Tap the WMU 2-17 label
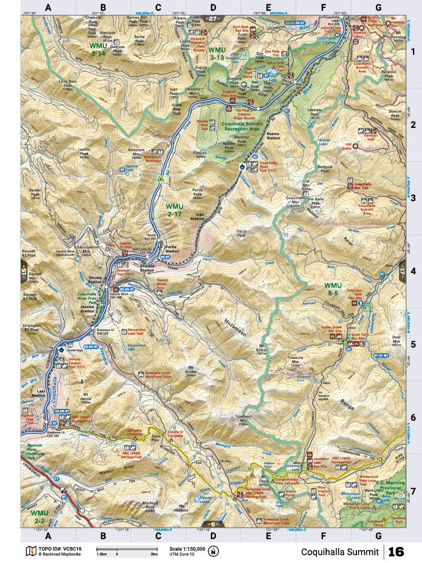[x=175, y=209]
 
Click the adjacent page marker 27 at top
[x=213, y=19]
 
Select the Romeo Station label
[x=273, y=135]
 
